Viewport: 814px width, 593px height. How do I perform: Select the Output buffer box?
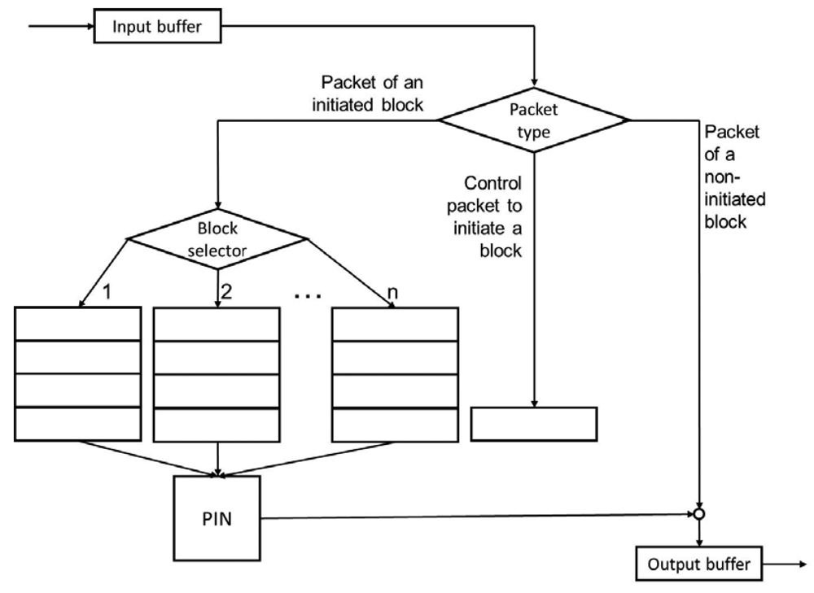tap(699, 564)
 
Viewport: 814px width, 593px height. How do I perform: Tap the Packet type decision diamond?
tap(534, 120)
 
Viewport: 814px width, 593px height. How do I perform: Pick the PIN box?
tap(217, 518)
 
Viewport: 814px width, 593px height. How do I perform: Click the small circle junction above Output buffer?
tap(699, 514)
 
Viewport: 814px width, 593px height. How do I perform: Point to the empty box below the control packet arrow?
tap(534, 423)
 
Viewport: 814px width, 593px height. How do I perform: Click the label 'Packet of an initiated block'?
tap(373, 94)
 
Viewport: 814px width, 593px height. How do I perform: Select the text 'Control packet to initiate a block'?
tap(492, 216)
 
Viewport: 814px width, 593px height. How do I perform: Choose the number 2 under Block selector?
tap(227, 291)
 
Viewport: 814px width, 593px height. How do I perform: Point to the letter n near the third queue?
tap(382, 291)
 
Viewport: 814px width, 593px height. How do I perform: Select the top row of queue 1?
tap(78, 324)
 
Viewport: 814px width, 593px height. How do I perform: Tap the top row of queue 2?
tap(217, 324)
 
